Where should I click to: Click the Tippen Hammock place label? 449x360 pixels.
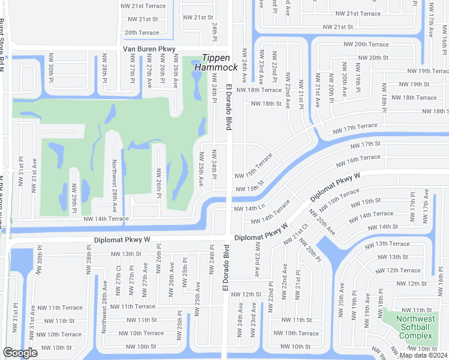tap(220, 62)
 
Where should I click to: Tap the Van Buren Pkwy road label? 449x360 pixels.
tap(149, 49)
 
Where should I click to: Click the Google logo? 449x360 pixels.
tap(20, 353)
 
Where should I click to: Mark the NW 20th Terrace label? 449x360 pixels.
tap(366, 44)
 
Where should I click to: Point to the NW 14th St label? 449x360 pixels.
tap(382, 227)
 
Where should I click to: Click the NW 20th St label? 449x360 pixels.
tap(373, 58)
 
